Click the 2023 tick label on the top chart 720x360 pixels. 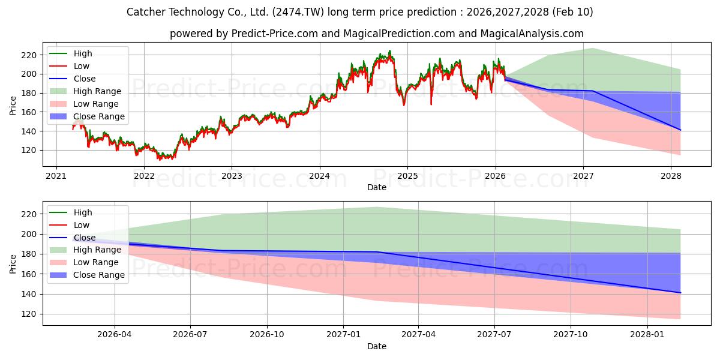pyautogui.click(x=232, y=176)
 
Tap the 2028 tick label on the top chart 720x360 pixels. pyautogui.click(x=671, y=176)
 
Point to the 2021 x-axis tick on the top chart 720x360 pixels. pyautogui.click(x=56, y=176)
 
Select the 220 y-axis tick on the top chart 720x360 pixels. pyautogui.click(x=29, y=55)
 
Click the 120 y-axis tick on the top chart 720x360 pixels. pyautogui.click(x=29, y=151)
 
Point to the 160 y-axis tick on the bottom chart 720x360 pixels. pyautogui.click(x=29, y=274)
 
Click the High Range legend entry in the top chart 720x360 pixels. pyautogui.click(x=97, y=91)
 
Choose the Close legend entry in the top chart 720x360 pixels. pyautogui.click(x=85, y=79)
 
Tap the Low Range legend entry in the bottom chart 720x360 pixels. pyautogui.click(x=96, y=262)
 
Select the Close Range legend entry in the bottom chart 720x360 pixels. pyautogui.click(x=98, y=275)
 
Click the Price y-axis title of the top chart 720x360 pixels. pyautogui.click(x=13, y=106)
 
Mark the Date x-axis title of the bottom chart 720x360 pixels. pyautogui.click(x=377, y=346)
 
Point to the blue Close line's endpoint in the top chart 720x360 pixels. pyautogui.click(x=680, y=130)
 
